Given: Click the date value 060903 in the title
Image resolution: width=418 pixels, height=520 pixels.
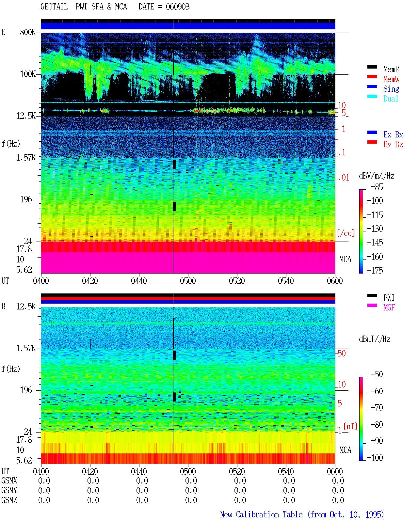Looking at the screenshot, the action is (177, 7).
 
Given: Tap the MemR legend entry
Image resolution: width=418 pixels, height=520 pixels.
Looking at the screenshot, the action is (391, 69).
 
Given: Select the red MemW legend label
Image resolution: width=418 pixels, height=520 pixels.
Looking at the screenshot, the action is (391, 79).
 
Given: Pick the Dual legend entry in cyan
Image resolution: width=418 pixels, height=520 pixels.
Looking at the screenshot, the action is (391, 99).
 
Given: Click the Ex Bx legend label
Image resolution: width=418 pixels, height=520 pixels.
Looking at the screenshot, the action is (393, 134).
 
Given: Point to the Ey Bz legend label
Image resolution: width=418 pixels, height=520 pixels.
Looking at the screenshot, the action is (393, 145).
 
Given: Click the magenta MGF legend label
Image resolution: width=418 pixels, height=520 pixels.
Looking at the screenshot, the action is (389, 307).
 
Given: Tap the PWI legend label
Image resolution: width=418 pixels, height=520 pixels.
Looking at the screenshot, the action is (389, 298).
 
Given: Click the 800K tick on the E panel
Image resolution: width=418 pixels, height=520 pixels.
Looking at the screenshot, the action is (27, 32).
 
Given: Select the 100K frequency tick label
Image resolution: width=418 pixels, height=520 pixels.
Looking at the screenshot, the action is (27, 74).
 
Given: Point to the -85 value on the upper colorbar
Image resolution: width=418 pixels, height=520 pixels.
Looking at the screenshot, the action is (377, 187).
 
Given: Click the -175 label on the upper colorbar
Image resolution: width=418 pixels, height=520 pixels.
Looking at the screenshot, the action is (375, 270).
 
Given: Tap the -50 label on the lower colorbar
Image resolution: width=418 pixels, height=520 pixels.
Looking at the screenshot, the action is (377, 374).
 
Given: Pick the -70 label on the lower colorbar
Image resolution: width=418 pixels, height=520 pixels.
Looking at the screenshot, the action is (377, 408).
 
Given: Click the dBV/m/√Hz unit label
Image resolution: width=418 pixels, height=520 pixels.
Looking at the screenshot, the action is (377, 176).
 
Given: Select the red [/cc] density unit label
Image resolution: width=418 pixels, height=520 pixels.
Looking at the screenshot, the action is (346, 233).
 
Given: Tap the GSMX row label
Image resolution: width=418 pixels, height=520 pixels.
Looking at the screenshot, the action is (9, 481).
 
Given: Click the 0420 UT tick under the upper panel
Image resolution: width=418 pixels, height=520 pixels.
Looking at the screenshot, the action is (90, 281).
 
